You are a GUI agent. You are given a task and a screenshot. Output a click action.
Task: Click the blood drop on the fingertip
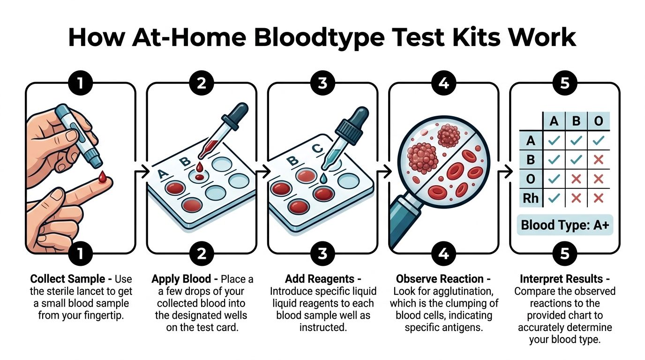click(103, 177)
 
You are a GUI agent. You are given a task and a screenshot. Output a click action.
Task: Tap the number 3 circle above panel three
click(322, 83)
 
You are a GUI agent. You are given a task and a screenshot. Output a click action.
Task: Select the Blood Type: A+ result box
click(565, 225)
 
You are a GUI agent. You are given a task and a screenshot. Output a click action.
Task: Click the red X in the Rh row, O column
click(598, 198)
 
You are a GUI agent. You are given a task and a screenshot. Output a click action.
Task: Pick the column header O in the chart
click(598, 121)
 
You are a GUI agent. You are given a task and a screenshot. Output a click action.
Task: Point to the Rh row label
click(531, 198)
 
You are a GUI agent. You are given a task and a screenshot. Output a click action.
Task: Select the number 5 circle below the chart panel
click(565, 254)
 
